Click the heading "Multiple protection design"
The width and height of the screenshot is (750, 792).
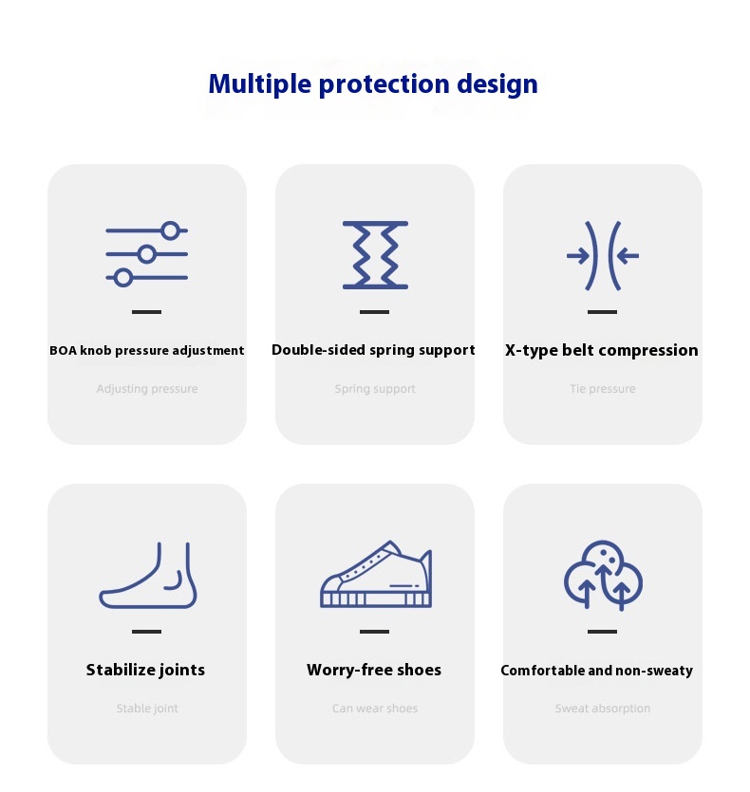click(373, 84)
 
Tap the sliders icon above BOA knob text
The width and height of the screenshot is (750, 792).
click(146, 254)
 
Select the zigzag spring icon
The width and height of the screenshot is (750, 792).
click(375, 255)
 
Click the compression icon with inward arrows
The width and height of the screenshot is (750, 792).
click(602, 255)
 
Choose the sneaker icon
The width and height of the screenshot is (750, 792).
click(376, 574)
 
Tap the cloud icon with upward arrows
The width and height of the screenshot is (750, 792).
click(603, 575)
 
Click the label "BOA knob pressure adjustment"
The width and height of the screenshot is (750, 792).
click(146, 351)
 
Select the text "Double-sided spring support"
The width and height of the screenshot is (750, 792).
click(373, 350)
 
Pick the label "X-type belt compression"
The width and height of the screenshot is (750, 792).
click(601, 350)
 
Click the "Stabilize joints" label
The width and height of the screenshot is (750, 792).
click(145, 670)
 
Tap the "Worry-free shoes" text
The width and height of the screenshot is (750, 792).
click(374, 670)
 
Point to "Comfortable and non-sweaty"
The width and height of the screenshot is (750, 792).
click(597, 671)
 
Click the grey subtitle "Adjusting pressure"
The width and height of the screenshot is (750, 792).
click(147, 389)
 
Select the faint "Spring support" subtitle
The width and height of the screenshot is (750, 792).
click(375, 389)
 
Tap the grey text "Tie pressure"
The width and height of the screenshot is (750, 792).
click(602, 389)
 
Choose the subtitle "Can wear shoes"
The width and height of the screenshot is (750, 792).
click(375, 709)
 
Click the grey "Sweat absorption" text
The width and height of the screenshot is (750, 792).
click(602, 709)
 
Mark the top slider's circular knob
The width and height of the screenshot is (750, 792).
click(171, 230)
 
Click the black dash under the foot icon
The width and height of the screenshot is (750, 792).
click(146, 632)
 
